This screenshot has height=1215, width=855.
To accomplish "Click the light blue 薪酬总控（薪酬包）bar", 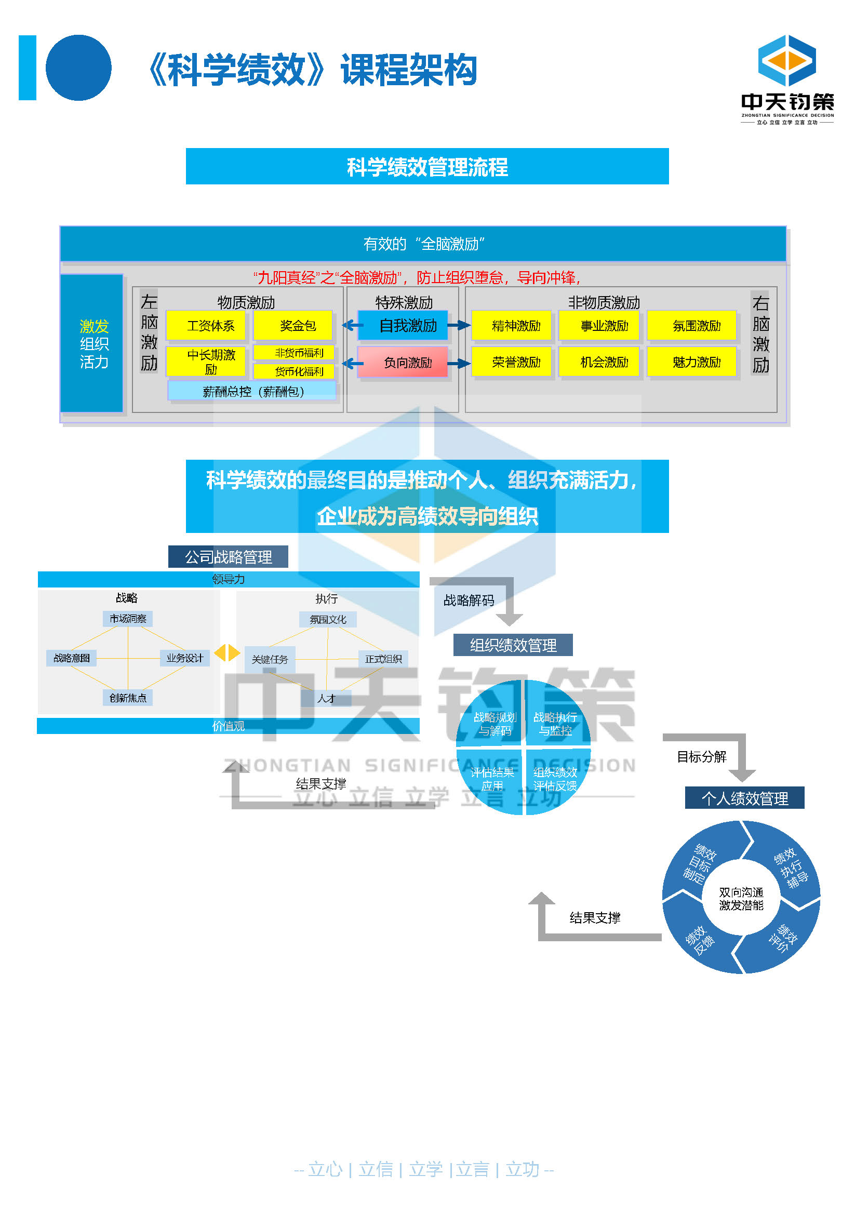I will click(x=252, y=391).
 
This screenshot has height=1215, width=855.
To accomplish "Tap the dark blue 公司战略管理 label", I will click(x=228, y=557).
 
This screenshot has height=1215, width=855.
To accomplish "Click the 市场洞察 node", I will click(x=127, y=619).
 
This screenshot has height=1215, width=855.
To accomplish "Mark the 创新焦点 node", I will click(x=127, y=698).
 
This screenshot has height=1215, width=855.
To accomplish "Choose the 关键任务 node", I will click(x=270, y=659).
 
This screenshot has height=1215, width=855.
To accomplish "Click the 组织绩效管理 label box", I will click(x=513, y=645).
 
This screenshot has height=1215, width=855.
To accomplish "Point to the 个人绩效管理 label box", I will click(x=744, y=798).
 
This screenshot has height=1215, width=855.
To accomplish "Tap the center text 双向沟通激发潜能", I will click(x=741, y=899).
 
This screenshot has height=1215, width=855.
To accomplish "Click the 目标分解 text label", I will click(x=702, y=757).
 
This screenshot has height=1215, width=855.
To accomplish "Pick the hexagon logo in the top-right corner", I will click(x=787, y=60).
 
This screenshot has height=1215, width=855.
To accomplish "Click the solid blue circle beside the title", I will click(x=79, y=68).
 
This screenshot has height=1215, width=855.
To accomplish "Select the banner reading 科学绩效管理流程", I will click(x=427, y=167).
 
